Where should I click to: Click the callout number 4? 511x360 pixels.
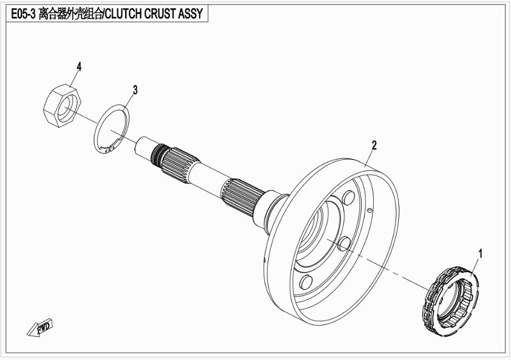pyautogui.click(x=79, y=67)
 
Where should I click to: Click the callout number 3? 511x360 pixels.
pyautogui.click(x=135, y=89)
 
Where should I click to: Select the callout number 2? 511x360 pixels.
pyautogui.click(x=374, y=146)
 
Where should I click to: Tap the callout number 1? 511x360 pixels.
pyautogui.click(x=480, y=253)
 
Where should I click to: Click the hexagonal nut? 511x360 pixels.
pyautogui.click(x=62, y=106)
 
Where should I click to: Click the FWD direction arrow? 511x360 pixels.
pyautogui.click(x=39, y=327)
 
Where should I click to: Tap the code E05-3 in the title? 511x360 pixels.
pyautogui.click(x=23, y=14)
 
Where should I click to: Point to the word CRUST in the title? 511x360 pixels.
pyautogui.click(x=160, y=14)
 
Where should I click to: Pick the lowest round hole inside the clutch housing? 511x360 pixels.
pyautogui.click(x=307, y=282)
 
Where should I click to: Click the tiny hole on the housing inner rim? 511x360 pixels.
pyautogui.click(x=369, y=210)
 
